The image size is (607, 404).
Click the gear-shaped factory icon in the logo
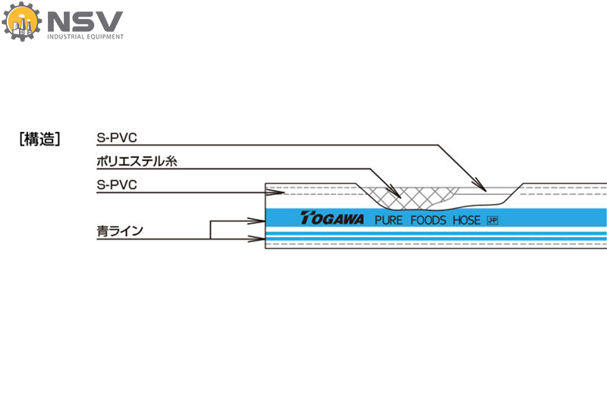point(21,22)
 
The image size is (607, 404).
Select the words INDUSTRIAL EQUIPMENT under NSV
point(86,36)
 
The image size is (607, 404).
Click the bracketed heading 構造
point(39,139)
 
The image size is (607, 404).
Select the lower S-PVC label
point(116,185)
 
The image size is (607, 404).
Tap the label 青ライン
point(119,230)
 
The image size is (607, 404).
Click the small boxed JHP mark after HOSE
point(492,221)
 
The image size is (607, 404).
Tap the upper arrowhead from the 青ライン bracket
point(256,221)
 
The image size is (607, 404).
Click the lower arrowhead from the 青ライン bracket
point(256,240)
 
